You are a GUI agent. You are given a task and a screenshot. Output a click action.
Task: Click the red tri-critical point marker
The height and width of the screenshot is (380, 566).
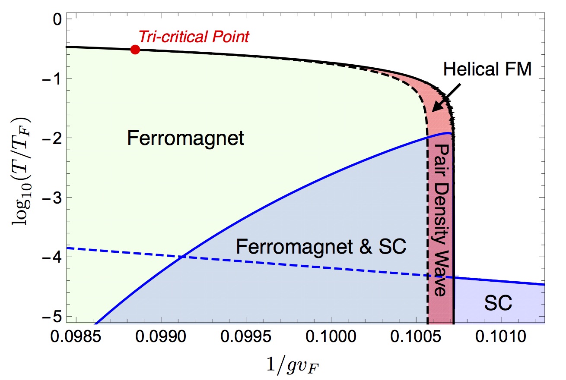point(135,49)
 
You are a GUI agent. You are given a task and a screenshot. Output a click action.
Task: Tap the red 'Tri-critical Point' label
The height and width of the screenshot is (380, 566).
point(194,37)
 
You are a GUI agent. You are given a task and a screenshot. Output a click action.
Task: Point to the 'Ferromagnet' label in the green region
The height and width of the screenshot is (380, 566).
point(186,138)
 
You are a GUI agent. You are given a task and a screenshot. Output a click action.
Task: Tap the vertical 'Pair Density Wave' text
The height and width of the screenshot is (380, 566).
point(441,220)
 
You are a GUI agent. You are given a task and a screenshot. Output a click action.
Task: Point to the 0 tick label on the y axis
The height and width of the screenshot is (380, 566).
point(57,20)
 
